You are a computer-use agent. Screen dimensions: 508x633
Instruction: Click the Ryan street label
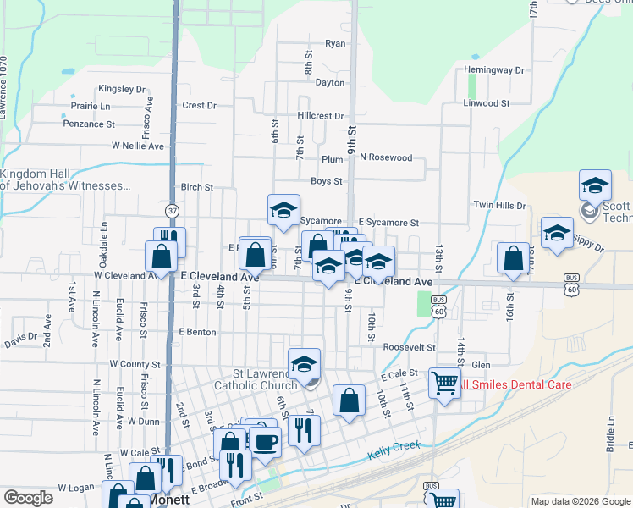click(335, 43)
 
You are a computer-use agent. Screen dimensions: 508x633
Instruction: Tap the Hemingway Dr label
click(494, 69)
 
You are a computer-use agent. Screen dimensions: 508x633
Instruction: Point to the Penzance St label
click(89, 124)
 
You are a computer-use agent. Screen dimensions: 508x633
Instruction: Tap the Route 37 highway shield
click(172, 210)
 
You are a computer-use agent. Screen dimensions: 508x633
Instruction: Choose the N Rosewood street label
click(385, 157)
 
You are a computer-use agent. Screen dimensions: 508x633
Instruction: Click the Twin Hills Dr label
click(499, 205)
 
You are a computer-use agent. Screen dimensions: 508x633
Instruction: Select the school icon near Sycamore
click(284, 210)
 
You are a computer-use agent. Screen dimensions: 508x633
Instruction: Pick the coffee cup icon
click(265, 441)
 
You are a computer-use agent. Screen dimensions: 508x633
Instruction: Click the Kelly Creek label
click(394, 450)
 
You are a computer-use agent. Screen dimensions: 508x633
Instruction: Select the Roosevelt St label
click(408, 347)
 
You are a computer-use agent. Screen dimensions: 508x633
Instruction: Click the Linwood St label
click(486, 103)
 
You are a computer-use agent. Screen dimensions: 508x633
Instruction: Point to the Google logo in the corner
click(29, 499)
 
